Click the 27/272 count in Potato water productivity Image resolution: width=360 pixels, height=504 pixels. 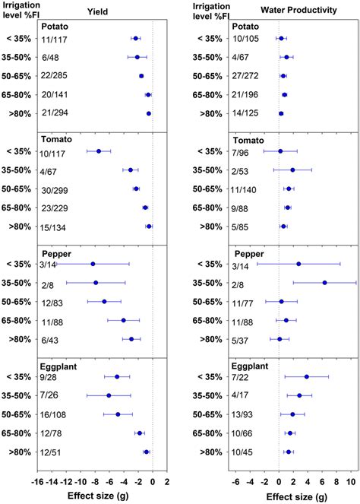point(254,76)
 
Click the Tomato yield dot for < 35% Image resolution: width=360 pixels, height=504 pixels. point(99,151)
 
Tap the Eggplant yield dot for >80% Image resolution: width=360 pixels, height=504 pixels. point(147,452)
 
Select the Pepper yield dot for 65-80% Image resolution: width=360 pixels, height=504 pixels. point(124,320)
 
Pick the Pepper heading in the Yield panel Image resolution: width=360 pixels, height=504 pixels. point(54,252)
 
